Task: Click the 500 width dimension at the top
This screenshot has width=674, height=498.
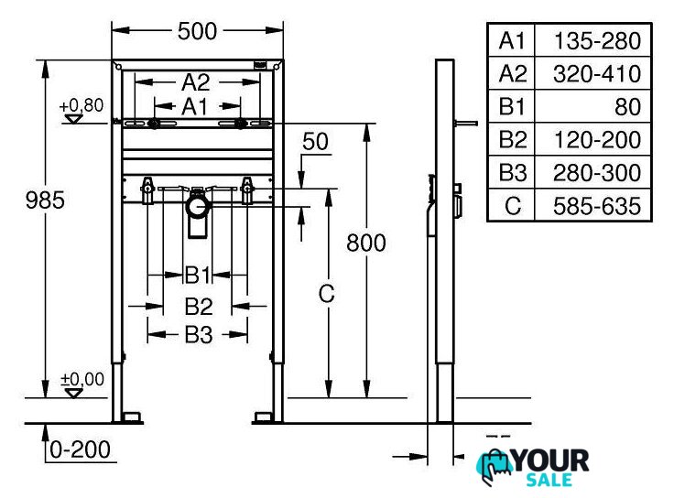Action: (197, 31)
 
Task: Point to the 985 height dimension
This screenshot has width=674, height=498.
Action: (45, 200)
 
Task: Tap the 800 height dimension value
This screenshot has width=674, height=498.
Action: (365, 243)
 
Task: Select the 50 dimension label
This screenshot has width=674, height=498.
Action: (315, 141)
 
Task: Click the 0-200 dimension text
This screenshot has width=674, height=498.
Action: (81, 449)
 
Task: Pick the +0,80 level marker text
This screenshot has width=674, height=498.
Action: (82, 105)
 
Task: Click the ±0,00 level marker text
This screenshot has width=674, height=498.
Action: (82, 379)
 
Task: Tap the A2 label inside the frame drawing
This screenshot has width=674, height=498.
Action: (196, 82)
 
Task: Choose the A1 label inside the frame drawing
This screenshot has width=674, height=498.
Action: (195, 106)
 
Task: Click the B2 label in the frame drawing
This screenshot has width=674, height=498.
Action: (199, 307)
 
